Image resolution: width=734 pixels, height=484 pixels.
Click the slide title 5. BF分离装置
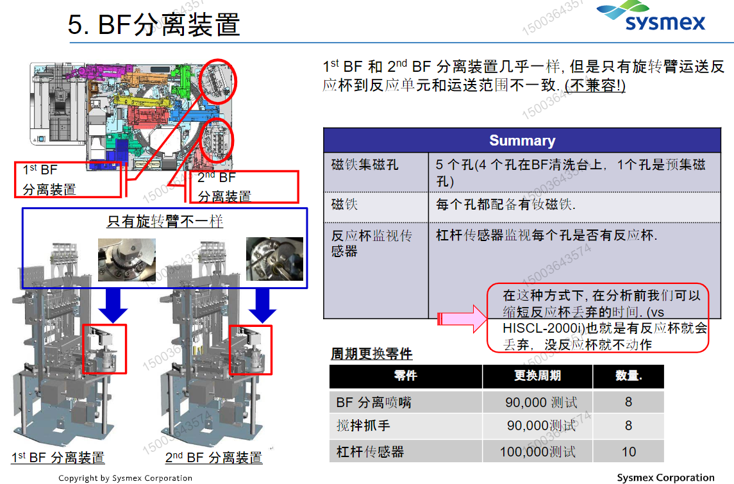pos(154,25)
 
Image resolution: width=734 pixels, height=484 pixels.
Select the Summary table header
pos(522,140)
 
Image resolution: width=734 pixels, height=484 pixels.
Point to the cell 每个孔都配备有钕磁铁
pos(506,205)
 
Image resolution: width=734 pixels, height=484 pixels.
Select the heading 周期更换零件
pos(371,354)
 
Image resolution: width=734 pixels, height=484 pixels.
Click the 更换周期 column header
pos(537,376)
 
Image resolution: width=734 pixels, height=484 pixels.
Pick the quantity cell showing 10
pos(628,451)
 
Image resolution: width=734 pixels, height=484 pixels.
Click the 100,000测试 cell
pos(537,451)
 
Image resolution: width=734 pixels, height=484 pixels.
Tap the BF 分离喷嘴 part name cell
pos(374,402)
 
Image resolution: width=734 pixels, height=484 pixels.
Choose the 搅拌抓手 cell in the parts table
pos(363,426)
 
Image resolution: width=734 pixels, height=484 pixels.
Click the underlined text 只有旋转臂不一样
pos(165,221)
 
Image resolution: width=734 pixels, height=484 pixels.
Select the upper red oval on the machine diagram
pos(218,80)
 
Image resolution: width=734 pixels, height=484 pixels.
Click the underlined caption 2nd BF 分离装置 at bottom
pos(213,458)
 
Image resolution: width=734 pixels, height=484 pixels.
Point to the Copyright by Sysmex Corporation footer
pos(125,478)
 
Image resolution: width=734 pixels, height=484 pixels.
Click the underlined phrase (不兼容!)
pos(595,85)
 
